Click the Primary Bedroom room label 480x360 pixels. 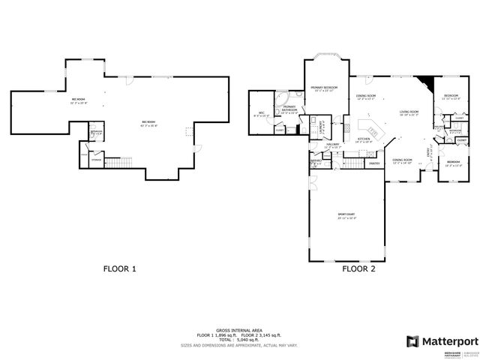coord(325,88)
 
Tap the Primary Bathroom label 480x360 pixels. coord(289,110)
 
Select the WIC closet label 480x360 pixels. coord(259,115)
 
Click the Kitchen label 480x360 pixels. coord(364,139)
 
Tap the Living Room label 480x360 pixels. coord(409,112)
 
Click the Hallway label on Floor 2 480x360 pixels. coord(332,145)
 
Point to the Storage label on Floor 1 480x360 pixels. coord(96,160)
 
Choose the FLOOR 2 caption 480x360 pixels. coord(359,268)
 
